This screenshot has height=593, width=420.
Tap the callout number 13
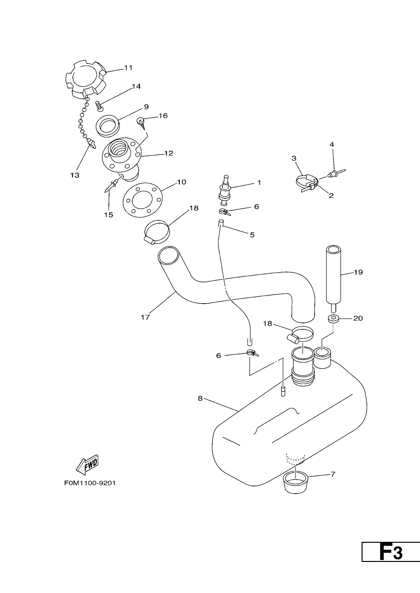tap(75, 175)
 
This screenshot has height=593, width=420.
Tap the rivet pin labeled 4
tap(336, 173)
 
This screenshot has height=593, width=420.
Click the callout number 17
tap(145, 317)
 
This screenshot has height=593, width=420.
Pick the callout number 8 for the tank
tap(200, 398)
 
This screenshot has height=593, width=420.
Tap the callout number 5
tap(252, 235)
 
